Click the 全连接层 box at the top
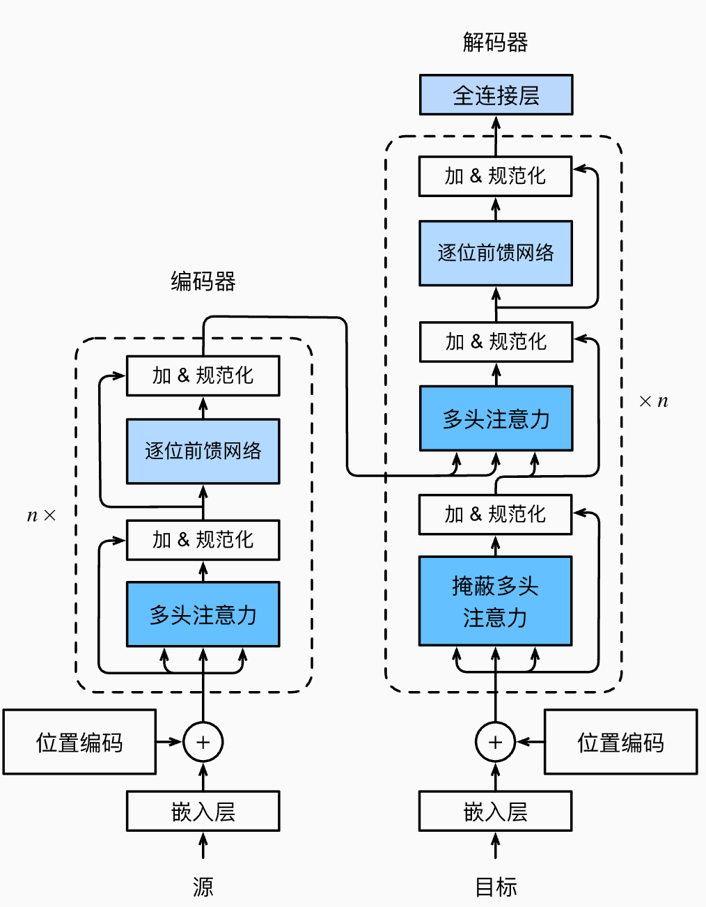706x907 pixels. (x=496, y=95)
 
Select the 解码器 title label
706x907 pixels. (x=495, y=42)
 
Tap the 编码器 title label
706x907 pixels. (x=203, y=281)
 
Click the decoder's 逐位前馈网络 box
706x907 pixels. (x=496, y=253)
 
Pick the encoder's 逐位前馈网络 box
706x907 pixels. (x=203, y=451)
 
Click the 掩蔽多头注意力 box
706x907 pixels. (x=495, y=600)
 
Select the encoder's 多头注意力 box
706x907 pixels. (x=203, y=614)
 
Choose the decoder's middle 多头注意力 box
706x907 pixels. (x=496, y=419)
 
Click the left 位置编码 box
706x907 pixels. (x=79, y=742)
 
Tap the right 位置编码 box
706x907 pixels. (x=620, y=742)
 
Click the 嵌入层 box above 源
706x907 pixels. (x=203, y=811)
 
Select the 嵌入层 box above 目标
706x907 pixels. (x=495, y=811)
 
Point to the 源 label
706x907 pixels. (x=203, y=887)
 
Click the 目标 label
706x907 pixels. (x=496, y=887)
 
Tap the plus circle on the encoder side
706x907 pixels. (x=203, y=742)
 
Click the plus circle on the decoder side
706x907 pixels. (x=495, y=742)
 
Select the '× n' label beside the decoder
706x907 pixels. (x=653, y=401)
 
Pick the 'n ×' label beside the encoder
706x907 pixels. (x=41, y=515)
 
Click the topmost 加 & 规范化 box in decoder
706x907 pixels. (x=495, y=176)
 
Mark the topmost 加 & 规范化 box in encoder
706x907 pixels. (x=203, y=375)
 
